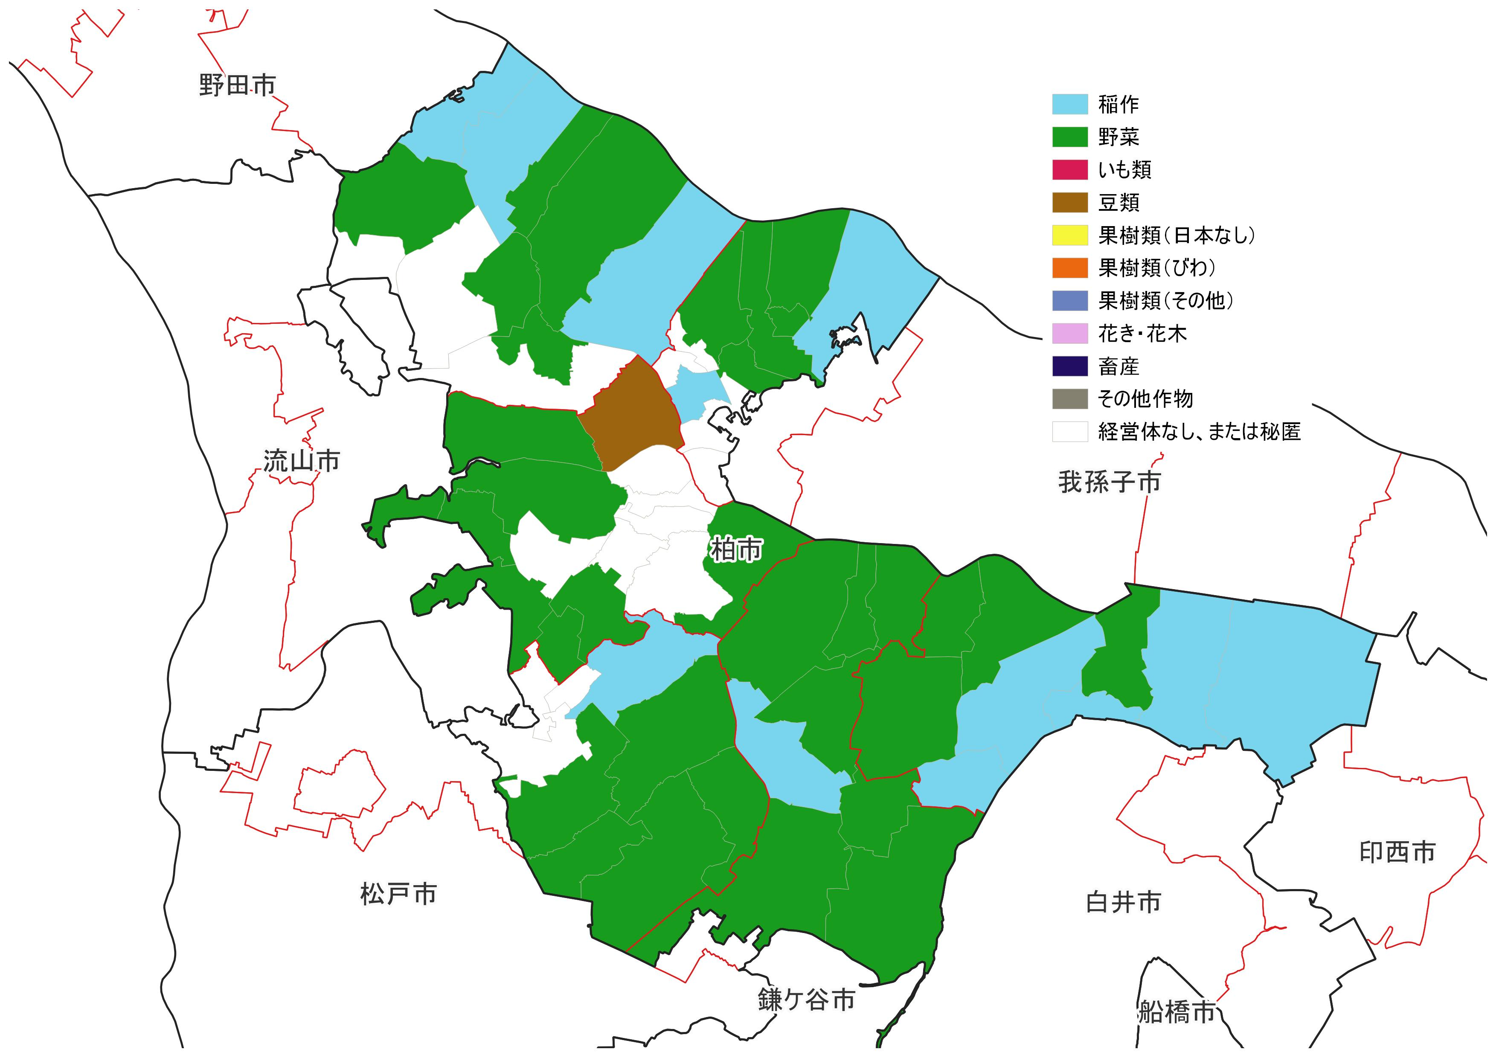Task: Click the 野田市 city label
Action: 237,85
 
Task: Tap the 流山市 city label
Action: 302,461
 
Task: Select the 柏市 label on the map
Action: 735,550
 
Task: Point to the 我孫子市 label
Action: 1109,482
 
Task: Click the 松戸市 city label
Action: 398,894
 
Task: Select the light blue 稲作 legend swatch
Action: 1070,104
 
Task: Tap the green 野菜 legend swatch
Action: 1070,137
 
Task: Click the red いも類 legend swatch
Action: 1070,169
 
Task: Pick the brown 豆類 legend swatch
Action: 1070,203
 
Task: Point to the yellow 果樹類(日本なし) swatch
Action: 1070,235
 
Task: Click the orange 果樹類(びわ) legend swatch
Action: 1070,268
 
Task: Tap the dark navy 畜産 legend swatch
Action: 1070,366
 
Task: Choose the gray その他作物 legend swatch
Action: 1070,399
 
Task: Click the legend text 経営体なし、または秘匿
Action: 1199,432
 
